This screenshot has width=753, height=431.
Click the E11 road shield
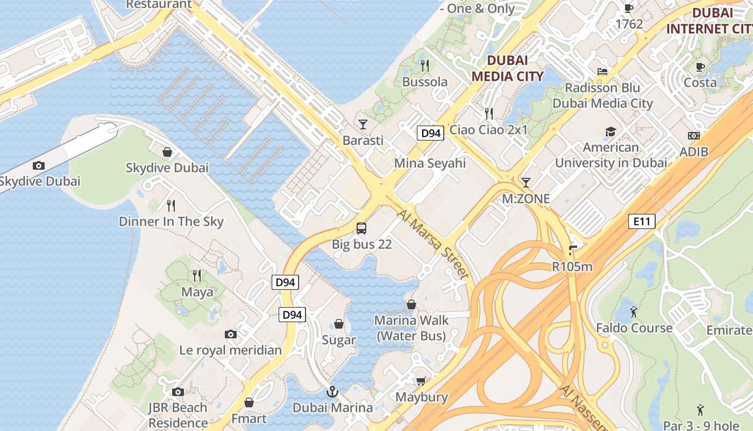[642, 221]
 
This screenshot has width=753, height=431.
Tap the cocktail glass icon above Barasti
[363, 124]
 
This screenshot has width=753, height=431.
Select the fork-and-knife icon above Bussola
[425, 66]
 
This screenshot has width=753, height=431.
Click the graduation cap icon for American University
[610, 131]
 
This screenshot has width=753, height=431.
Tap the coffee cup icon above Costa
[700, 67]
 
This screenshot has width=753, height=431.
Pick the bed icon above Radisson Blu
[602, 72]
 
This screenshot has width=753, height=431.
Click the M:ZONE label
[526, 199]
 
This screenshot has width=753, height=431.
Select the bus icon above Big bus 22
[361, 228]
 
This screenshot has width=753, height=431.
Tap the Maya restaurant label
[197, 292]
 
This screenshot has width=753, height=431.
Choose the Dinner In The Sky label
[171, 221]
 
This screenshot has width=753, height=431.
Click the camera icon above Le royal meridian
[231, 335]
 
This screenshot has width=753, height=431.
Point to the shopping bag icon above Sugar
[339, 324]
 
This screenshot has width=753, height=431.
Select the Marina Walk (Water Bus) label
[411, 328]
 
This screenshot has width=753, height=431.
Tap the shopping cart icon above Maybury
[421, 381]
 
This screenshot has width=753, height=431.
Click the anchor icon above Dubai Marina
[332, 392]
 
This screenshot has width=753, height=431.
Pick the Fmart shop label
[249, 419]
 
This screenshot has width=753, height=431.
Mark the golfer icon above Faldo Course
[634, 312]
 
